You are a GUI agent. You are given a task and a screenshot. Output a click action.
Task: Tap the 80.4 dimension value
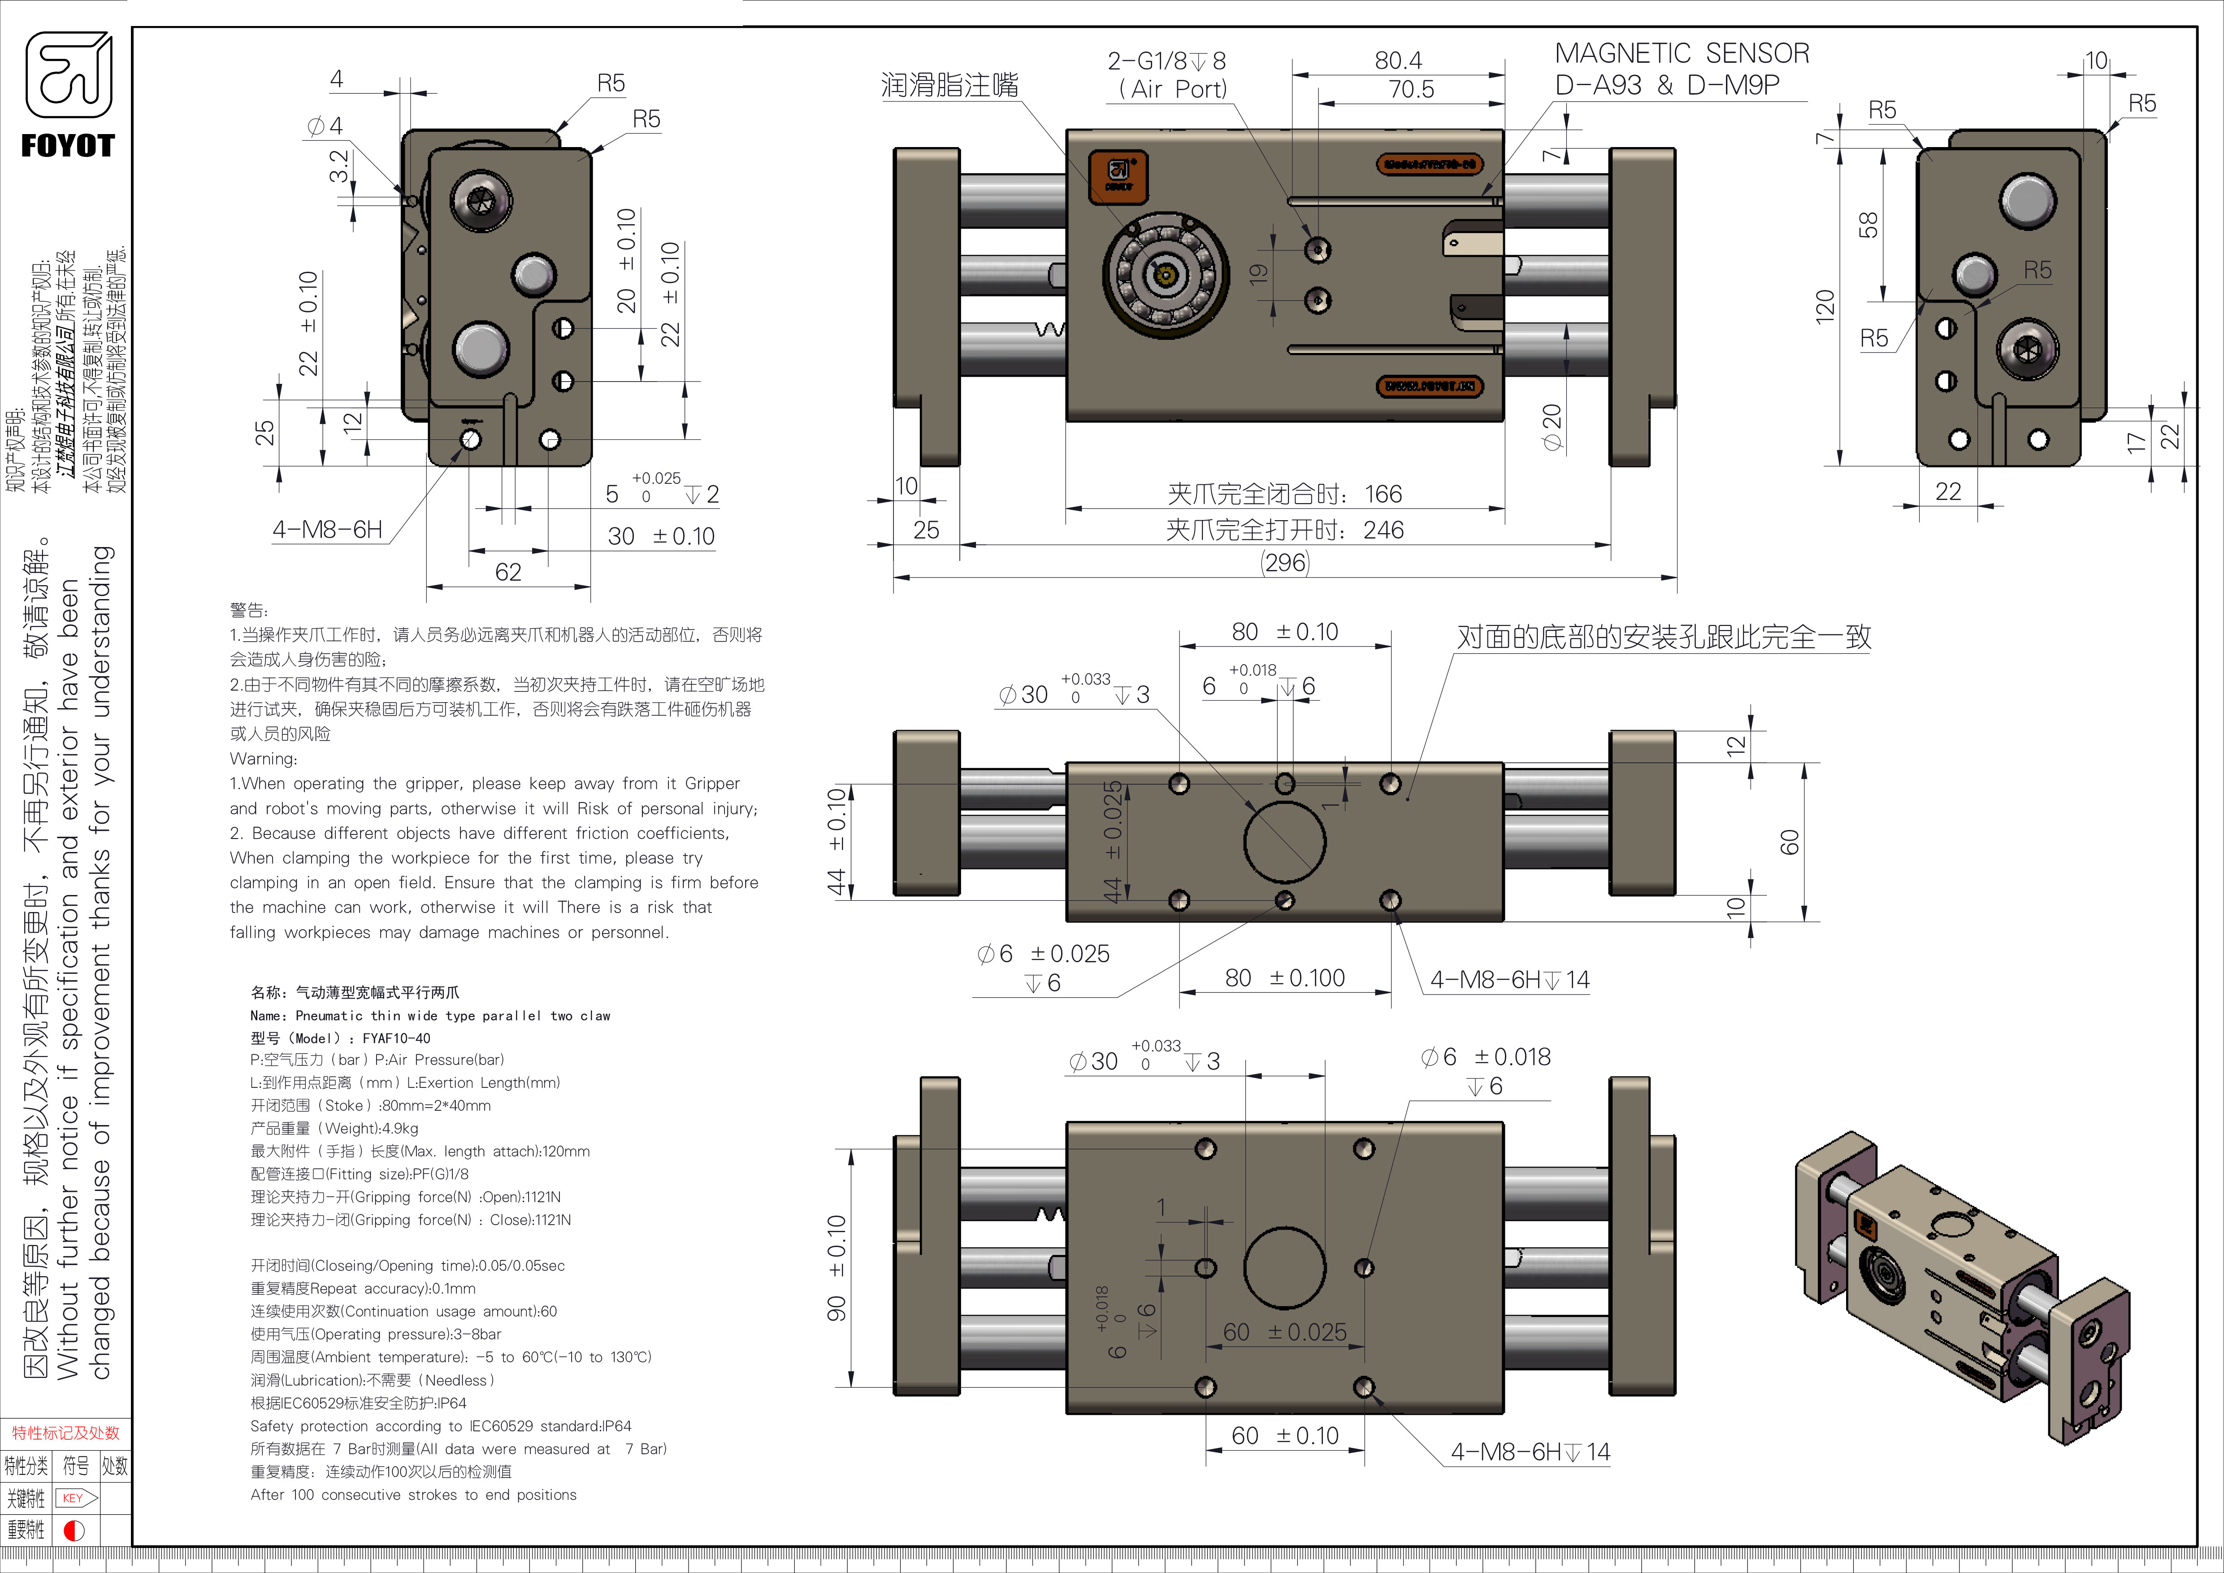[1398, 60]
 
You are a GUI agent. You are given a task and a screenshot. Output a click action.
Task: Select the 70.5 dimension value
[1410, 89]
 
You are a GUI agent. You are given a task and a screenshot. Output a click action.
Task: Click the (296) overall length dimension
[1284, 563]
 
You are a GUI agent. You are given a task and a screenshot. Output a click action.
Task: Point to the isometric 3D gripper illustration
[1961, 1288]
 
